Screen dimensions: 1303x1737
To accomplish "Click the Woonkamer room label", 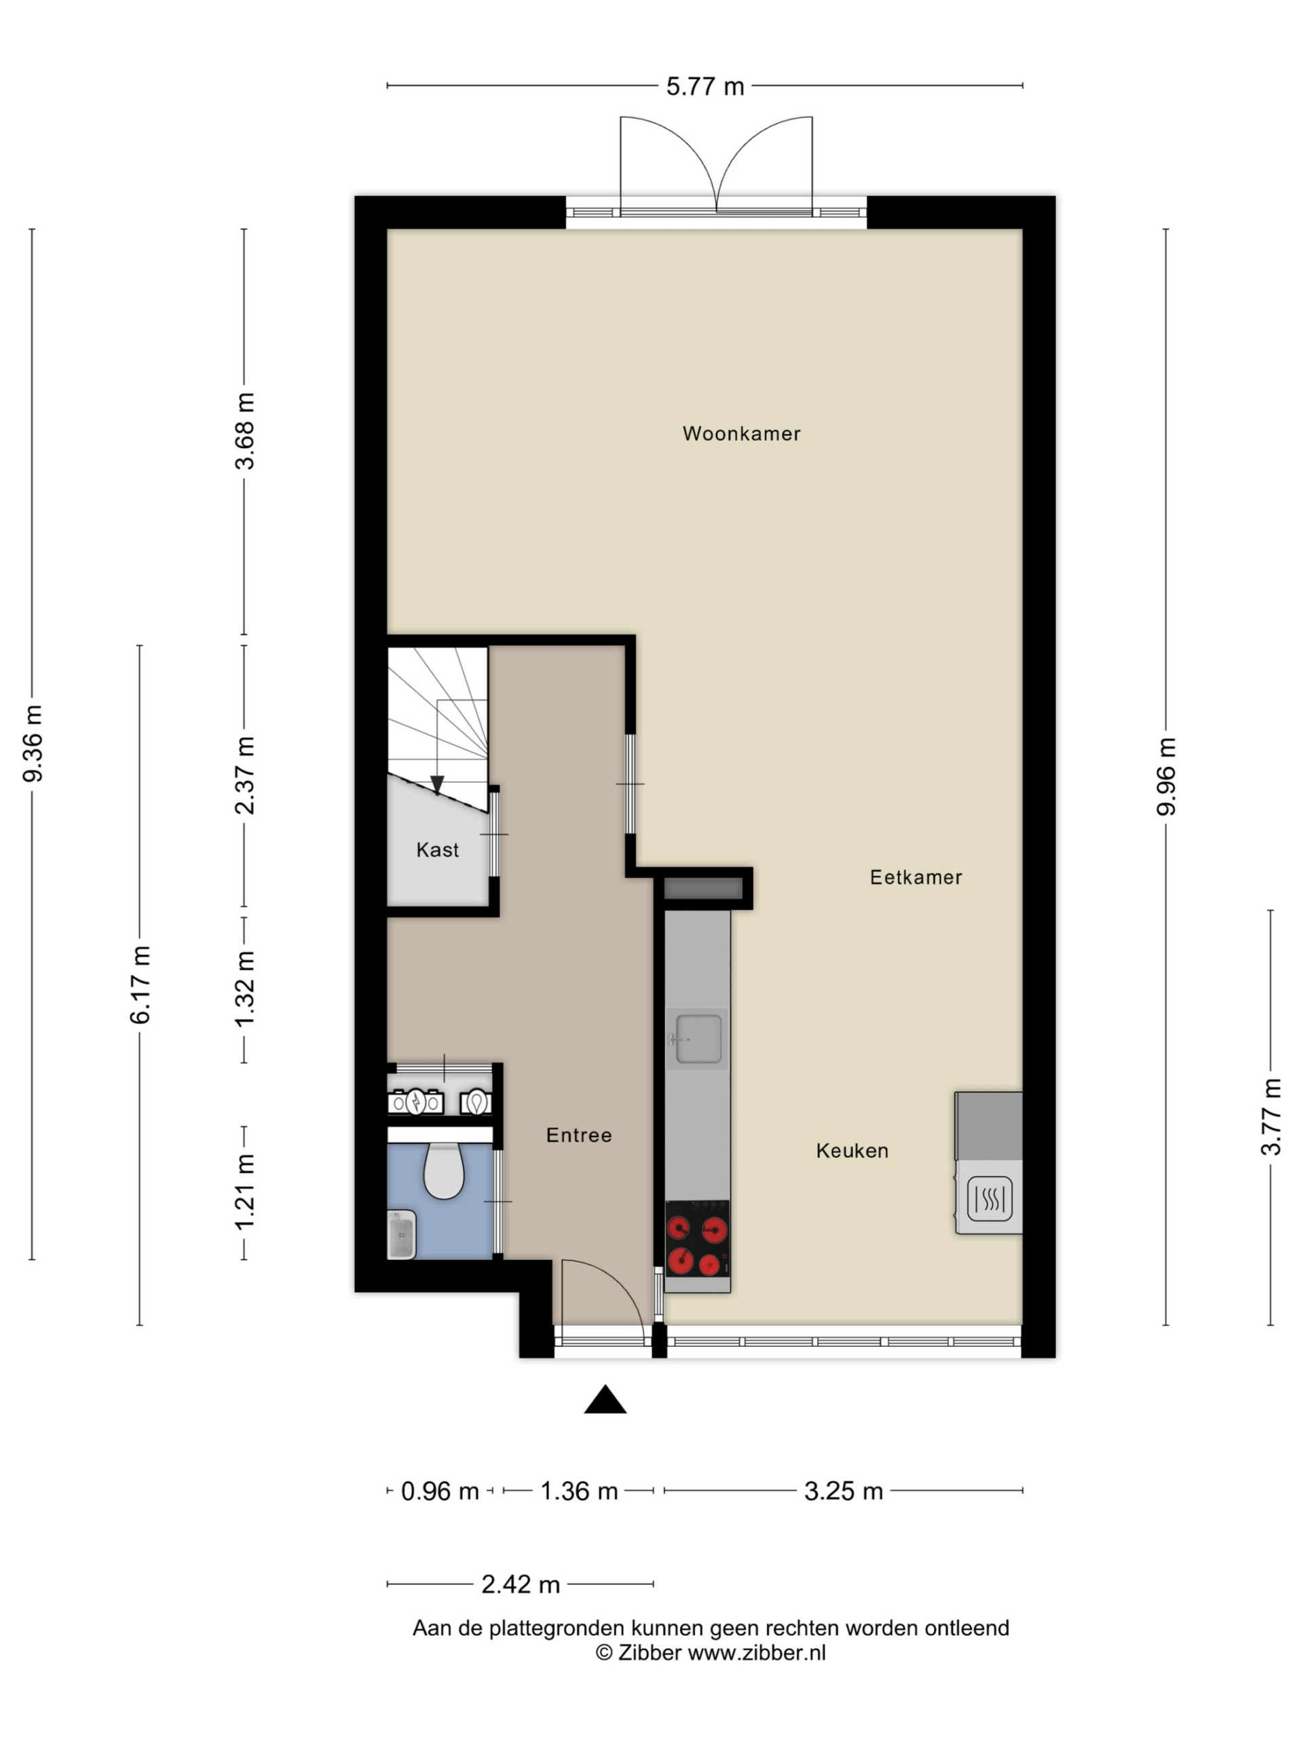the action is coord(740,434).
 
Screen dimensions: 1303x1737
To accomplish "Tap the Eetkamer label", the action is coord(915,877).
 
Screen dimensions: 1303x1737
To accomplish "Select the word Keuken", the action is coord(852,1150).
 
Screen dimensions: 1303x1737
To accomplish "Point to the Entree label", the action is coord(579,1134).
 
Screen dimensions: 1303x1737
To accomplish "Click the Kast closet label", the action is coord(438,850).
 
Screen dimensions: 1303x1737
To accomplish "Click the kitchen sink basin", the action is coord(698,1039).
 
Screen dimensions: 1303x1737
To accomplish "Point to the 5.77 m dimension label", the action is coord(705,86).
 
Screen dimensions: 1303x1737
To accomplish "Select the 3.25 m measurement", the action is coord(844,1491).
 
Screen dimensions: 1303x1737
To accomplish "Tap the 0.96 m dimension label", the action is coord(440,1491).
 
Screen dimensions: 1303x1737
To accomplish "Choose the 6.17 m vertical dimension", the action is coord(140,985).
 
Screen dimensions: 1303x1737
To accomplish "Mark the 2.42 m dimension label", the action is coord(521,1584).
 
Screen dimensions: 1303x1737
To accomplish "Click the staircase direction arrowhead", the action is coord(438,784).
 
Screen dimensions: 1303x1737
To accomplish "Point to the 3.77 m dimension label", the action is coord(1271,1117).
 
